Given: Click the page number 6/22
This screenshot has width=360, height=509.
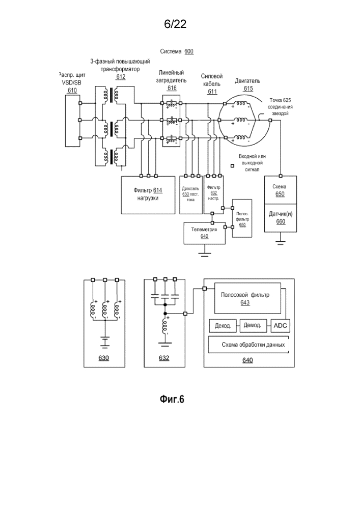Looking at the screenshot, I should pos(175,24).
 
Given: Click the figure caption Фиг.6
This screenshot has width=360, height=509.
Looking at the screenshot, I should pos(172,399).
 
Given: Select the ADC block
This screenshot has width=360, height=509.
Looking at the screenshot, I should pos(281,325).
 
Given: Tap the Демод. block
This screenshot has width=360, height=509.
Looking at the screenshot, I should pos(253,325).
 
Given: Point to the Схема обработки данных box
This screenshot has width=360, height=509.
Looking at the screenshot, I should pos(249,345).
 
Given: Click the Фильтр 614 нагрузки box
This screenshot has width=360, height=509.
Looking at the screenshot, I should pos(148,194).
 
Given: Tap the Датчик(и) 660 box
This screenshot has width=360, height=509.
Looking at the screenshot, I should pos(281,218).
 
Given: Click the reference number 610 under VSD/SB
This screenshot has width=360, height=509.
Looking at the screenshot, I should pos(72,90).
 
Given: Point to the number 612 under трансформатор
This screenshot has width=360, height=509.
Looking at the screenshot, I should pos(121,77).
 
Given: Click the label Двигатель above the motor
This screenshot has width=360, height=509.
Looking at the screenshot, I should pos(248,81).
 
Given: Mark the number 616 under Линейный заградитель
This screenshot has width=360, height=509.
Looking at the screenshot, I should pos(172,88).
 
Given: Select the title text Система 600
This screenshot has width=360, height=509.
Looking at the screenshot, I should pos(176,52).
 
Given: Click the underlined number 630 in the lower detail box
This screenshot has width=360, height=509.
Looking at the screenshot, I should pos(103,358).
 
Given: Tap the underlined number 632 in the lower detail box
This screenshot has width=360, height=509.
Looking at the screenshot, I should pos(164,358).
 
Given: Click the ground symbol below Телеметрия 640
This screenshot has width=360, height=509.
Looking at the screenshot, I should pos(204,252).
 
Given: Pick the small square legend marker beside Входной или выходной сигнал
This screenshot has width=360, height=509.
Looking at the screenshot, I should pos(232,165).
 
